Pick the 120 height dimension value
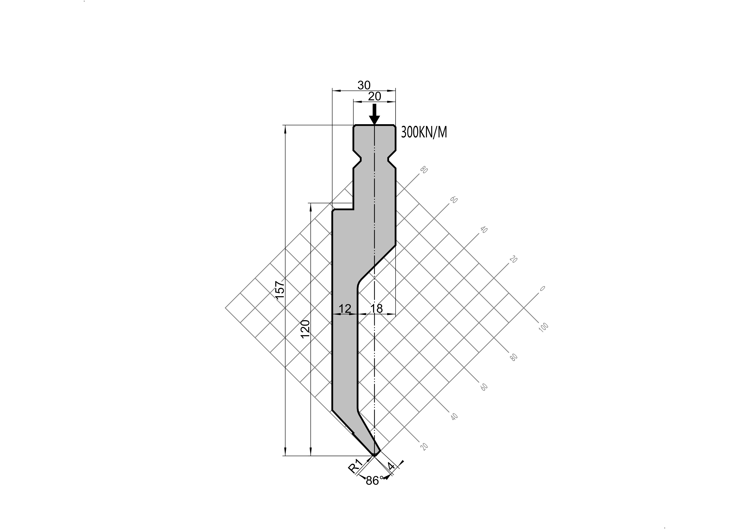click(x=305, y=329)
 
